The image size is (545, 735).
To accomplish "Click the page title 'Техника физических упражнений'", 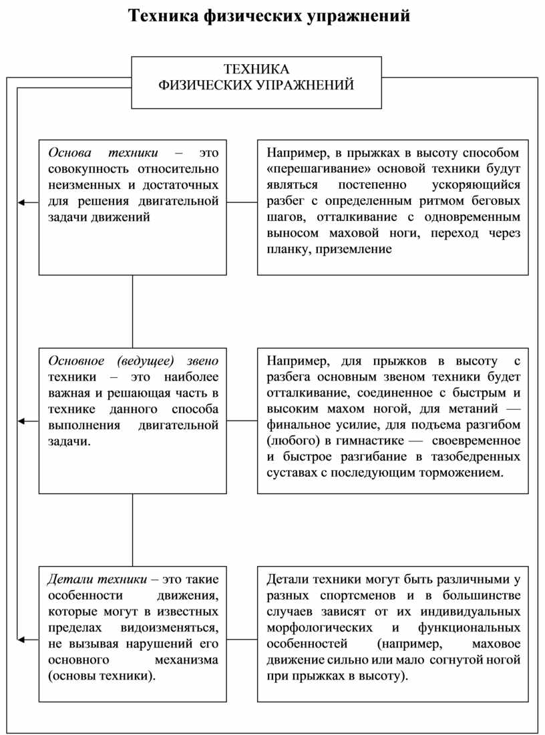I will point(268,15).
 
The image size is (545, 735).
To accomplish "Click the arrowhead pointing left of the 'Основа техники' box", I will point(21,202).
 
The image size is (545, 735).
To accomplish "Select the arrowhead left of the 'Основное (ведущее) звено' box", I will point(21,421).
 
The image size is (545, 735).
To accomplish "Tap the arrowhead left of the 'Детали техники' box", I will point(21,640).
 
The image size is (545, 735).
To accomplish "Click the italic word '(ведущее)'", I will point(145,361).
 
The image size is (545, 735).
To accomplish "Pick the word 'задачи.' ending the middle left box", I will point(67,441).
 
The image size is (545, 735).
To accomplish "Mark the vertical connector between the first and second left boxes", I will point(132,311).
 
